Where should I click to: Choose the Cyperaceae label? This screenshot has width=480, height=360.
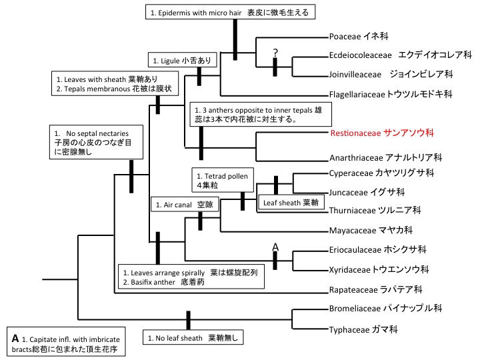381,173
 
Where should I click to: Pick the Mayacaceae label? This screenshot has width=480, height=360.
371,231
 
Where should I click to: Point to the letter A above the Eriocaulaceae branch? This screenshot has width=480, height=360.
273,247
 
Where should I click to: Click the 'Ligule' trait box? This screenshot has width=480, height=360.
181,59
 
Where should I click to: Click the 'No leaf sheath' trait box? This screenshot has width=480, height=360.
194,337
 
